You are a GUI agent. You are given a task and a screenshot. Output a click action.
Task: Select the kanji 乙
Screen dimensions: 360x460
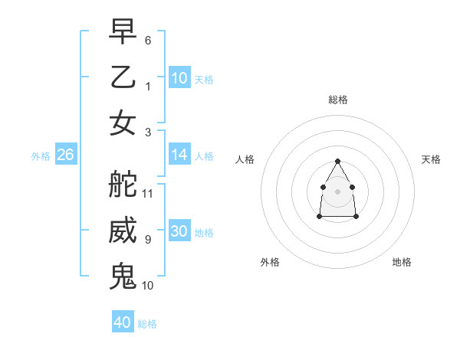pos(123,77)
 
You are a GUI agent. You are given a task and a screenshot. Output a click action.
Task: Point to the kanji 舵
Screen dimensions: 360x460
pos(123,183)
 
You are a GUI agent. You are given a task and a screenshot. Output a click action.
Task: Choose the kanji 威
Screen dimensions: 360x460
pos(123,231)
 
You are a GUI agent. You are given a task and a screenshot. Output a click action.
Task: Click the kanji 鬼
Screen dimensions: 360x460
pos(123,275)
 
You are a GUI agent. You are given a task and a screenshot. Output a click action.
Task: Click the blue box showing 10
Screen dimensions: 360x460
pos(179,78)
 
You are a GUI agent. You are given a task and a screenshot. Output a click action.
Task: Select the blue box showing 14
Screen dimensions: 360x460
pos(179,155)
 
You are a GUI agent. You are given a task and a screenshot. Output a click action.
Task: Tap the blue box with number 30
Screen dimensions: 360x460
pos(179,231)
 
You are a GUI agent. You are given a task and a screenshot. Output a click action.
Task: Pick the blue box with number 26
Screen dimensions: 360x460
pos(65,155)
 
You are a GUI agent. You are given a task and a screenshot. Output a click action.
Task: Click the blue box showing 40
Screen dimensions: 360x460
pos(123,322)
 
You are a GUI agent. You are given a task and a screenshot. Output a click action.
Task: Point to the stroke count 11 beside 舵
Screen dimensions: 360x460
pos(148,193)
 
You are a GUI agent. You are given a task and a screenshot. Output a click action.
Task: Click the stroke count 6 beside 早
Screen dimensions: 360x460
pos(148,40)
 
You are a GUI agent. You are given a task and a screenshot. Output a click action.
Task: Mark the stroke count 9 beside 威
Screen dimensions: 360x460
pos(148,240)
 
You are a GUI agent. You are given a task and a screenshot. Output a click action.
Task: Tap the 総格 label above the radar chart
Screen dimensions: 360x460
pos(337,100)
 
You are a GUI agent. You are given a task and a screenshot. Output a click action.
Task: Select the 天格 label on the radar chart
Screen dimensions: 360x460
pos(431,159)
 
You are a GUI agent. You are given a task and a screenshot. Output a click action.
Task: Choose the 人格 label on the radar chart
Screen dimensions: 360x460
pos(245,159)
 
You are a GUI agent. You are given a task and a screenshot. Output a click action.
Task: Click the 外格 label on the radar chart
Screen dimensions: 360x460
pos(270,262)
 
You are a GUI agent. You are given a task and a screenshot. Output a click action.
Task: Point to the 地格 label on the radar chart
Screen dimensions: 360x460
pos(402,262)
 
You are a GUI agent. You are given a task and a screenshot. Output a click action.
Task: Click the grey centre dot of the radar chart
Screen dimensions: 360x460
pos(337,191)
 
